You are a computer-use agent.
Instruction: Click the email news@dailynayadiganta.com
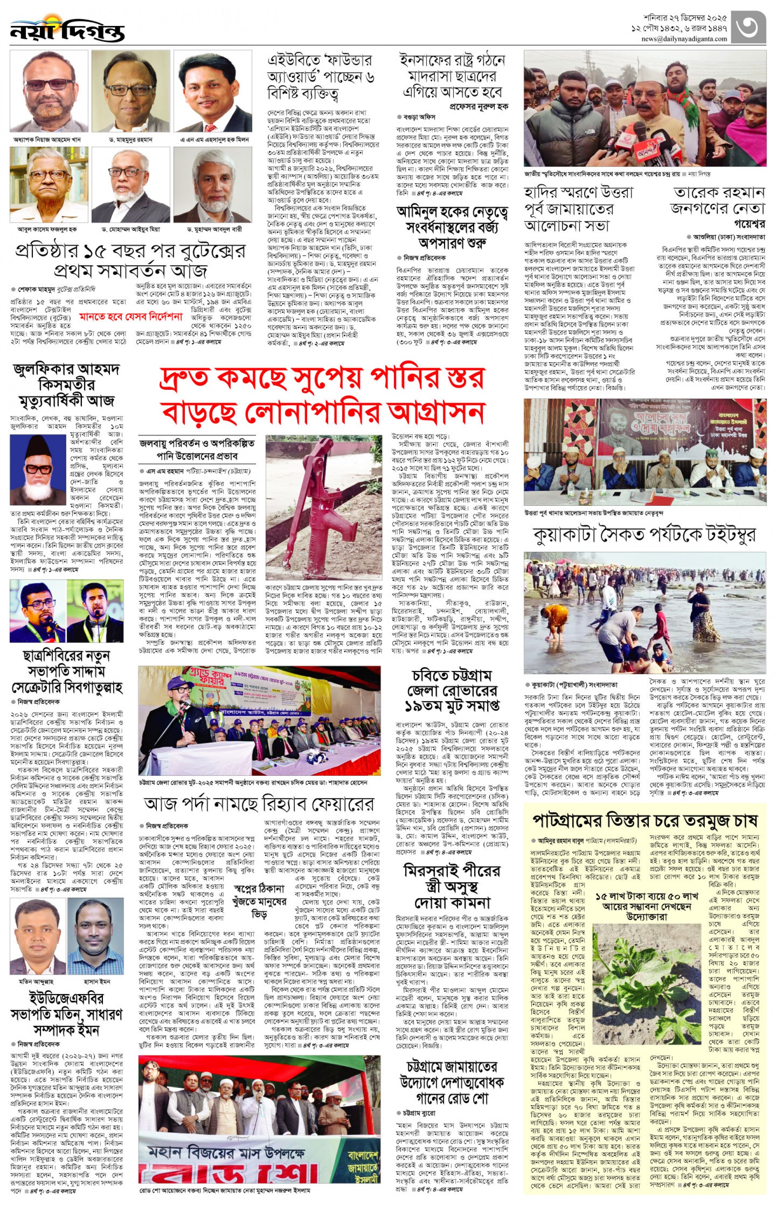coord(684,39)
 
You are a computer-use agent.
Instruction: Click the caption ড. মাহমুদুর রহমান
coord(130,140)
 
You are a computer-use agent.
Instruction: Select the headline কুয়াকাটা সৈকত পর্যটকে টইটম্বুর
coord(644,536)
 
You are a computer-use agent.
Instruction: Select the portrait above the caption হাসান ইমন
coord(96,938)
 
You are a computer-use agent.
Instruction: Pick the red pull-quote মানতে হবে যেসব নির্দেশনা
coord(131,317)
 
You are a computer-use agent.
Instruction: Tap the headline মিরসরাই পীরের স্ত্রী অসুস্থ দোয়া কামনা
coord(452,886)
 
